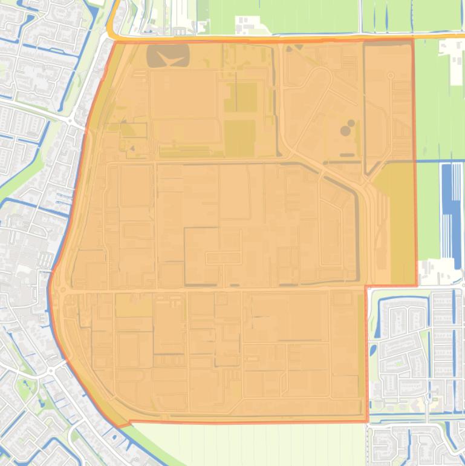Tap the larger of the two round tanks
tap(345, 130)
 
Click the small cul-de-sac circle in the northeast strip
tap(390, 76)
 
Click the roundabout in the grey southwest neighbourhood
tap(51, 369)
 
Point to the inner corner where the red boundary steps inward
tap(366, 286)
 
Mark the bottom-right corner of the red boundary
tap(367, 421)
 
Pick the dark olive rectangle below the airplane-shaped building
tap(240, 137)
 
